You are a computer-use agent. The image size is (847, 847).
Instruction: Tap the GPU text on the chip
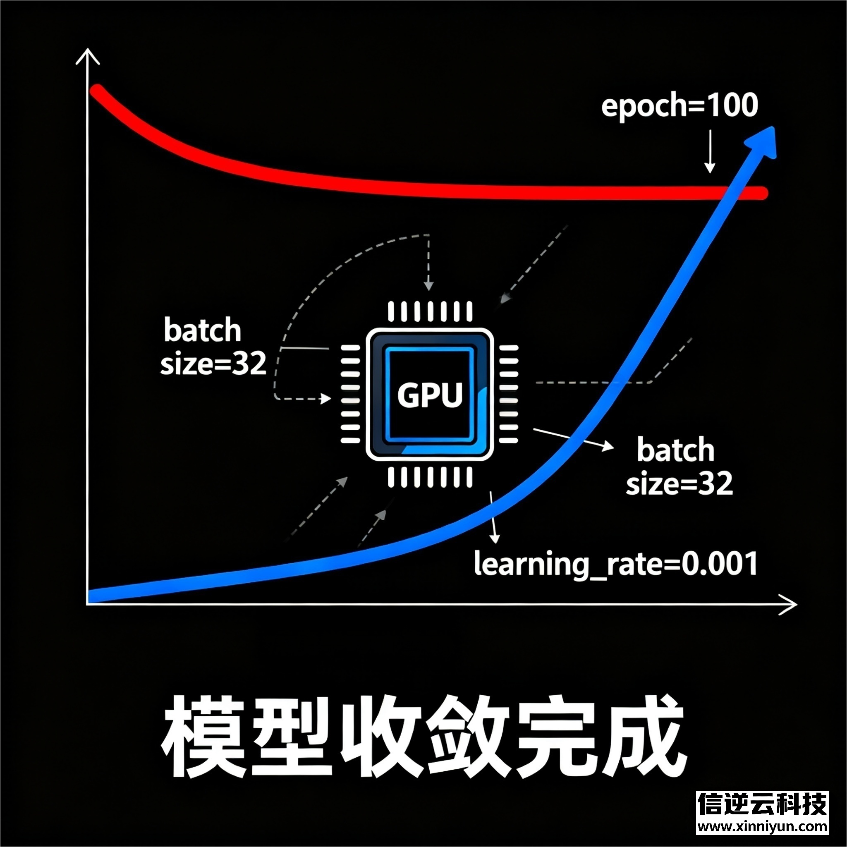pos(430,395)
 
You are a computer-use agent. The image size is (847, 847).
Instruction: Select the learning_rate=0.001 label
pos(615,564)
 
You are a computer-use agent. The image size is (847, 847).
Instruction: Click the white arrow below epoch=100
pos(710,151)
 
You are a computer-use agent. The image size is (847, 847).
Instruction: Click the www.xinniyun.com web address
pos(762,827)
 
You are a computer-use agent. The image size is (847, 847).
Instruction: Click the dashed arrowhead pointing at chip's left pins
pos(326,399)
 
